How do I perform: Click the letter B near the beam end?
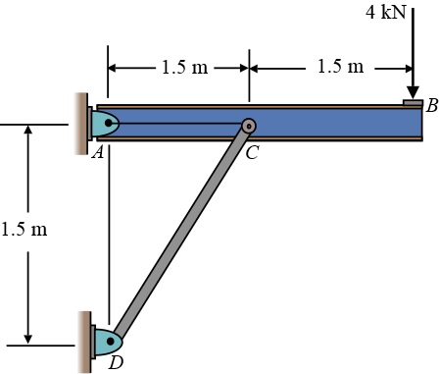[x=431, y=105]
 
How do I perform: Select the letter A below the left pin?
[x=98, y=152]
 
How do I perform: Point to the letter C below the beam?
[x=253, y=152]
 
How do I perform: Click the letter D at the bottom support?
[x=116, y=363]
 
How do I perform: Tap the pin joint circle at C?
[x=249, y=126]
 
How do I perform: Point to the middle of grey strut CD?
[x=181, y=233]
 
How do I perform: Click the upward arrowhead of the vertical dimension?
[x=30, y=132]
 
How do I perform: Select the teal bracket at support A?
[x=103, y=125]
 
